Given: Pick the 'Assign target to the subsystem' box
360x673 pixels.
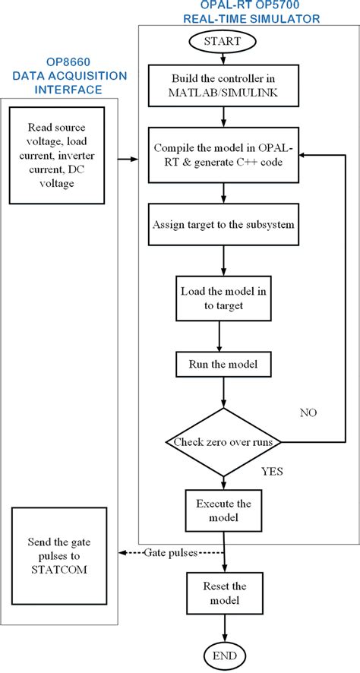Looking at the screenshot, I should pos(222,225).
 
